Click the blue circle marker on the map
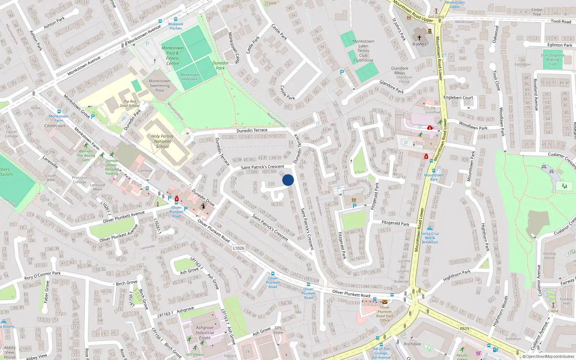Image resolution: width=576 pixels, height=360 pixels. (x=288, y=180)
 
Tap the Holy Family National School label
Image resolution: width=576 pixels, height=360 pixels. (x=162, y=141)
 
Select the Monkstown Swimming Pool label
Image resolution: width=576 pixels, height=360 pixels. (x=159, y=86)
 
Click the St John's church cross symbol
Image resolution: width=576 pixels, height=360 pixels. (x=419, y=37)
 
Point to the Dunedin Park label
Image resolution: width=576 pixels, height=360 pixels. (x=220, y=66)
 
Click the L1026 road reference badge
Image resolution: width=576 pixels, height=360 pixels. (x=238, y=248)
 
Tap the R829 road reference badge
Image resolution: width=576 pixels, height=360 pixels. (x=464, y=328)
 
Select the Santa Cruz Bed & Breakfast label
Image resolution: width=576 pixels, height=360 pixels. (x=430, y=238)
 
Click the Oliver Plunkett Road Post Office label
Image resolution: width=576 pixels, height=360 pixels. (x=384, y=314)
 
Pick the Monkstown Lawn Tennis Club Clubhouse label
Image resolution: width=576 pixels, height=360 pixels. (x=363, y=51)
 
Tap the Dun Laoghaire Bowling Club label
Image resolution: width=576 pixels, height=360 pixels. (x=553, y=60)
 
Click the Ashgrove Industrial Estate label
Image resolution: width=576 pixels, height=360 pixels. (x=205, y=333)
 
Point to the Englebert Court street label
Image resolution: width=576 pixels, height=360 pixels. (x=458, y=98)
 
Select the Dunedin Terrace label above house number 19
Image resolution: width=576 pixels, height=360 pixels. (x=252, y=130)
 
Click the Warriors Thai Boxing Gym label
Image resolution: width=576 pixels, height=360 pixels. (x=86, y=156)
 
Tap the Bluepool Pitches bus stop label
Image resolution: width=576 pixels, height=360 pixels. (x=176, y=26)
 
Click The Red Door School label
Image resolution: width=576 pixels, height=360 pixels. (x=130, y=104)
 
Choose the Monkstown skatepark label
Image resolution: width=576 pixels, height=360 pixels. (x=189, y=77)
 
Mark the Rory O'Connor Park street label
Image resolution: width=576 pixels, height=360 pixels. (x=42, y=275)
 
